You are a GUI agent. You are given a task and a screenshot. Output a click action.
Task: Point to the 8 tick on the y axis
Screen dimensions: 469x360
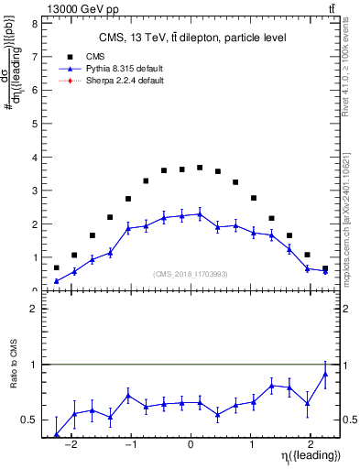(x=34, y=24)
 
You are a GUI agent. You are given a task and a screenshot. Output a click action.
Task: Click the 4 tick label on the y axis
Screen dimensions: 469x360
(x=34, y=158)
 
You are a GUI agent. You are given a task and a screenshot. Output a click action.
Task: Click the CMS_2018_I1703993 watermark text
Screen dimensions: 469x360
(x=191, y=272)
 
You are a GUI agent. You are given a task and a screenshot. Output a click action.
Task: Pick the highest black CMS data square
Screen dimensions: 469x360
(x=200, y=168)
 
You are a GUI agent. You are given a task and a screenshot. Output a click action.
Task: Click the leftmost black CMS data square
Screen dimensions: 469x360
(x=57, y=267)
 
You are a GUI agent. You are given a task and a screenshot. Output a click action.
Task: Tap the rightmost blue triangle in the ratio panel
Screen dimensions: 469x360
(x=325, y=374)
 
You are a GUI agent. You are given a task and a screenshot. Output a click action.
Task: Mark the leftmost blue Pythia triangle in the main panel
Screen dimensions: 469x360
(x=57, y=281)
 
